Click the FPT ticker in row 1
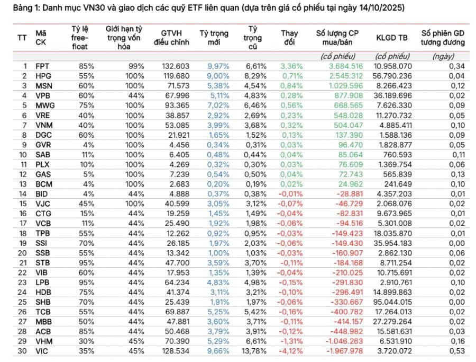pyautogui.click(x=42, y=66)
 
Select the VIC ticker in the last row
pyautogui.click(x=42, y=350)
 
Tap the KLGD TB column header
pyautogui.click(x=392, y=38)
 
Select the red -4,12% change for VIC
pyautogui.click(x=291, y=350)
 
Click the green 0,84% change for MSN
pyautogui.click(x=292, y=86)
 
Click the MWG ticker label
pyautogui.click(x=45, y=105)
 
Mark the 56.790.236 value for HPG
pyautogui.click(x=392, y=76)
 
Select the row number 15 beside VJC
pyautogui.click(x=22, y=204)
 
